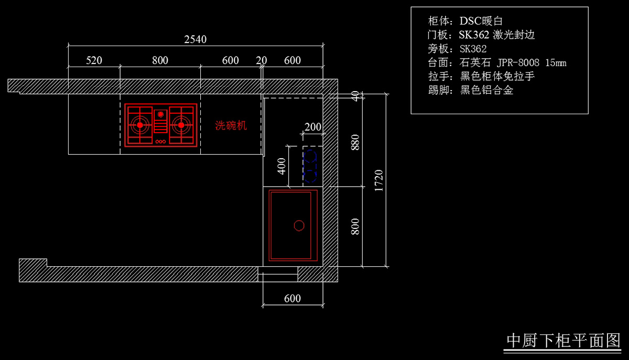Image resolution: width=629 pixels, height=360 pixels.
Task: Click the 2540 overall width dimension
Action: (195, 39)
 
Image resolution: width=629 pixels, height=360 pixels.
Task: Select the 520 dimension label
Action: (94, 60)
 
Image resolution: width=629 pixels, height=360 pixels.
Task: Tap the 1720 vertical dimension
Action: (379, 181)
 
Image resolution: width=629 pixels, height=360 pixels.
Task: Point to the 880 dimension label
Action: (355, 143)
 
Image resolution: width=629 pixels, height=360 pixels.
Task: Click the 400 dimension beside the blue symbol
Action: (281, 166)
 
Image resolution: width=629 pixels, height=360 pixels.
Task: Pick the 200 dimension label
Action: (313, 127)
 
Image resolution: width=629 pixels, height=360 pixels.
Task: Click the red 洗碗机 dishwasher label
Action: (231, 126)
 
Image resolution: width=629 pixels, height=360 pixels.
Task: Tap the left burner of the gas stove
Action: (140, 125)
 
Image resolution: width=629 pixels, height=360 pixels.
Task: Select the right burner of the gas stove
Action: (181, 125)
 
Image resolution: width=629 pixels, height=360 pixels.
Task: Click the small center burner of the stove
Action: (160, 114)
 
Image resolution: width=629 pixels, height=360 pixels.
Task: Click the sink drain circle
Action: (299, 225)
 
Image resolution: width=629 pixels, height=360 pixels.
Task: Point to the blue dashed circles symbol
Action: (310, 166)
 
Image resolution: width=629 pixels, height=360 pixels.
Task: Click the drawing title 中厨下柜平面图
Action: (563, 340)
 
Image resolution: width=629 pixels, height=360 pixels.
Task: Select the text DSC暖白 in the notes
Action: (481, 21)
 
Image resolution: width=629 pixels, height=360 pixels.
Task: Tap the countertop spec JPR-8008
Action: (518, 63)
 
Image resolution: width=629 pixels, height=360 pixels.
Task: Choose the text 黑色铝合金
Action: (486, 91)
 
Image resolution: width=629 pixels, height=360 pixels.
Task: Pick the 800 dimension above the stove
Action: (160, 60)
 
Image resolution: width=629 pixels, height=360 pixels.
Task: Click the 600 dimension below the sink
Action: (292, 298)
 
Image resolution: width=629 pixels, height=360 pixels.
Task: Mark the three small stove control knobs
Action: (160, 141)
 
